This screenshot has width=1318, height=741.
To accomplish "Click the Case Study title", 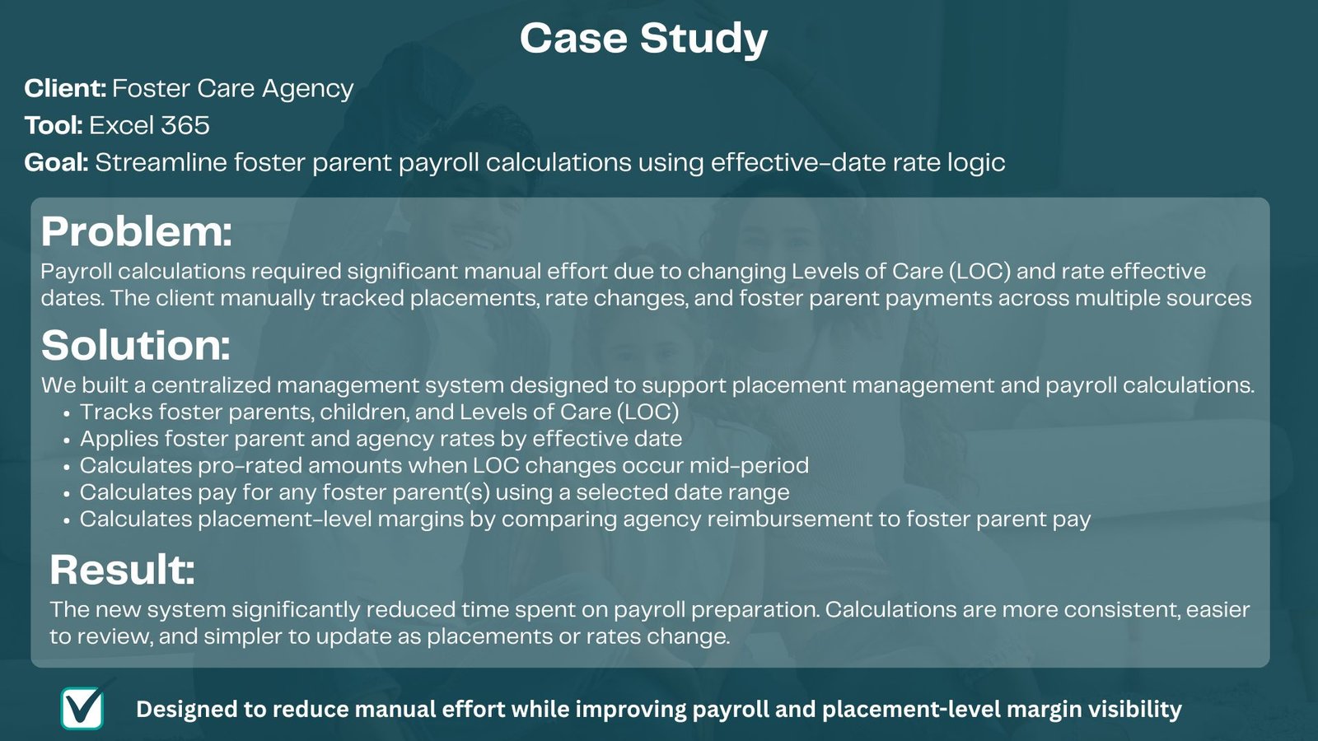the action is click(x=643, y=39).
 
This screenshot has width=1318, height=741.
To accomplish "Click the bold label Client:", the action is click(x=65, y=88).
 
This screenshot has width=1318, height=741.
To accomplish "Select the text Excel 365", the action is click(x=149, y=125).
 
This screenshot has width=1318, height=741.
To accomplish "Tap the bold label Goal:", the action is click(x=56, y=162).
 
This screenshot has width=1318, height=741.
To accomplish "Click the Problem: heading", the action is click(x=137, y=231).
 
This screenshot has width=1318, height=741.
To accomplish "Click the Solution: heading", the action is click(x=135, y=345).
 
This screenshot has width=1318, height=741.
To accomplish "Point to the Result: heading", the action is click(x=123, y=569).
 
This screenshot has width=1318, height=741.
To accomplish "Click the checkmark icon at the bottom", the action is click(x=82, y=709).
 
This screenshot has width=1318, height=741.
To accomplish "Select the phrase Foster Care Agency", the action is click(x=233, y=88).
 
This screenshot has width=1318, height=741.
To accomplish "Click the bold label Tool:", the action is click(x=54, y=125).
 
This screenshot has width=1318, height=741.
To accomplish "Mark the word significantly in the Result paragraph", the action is click(x=296, y=610).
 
